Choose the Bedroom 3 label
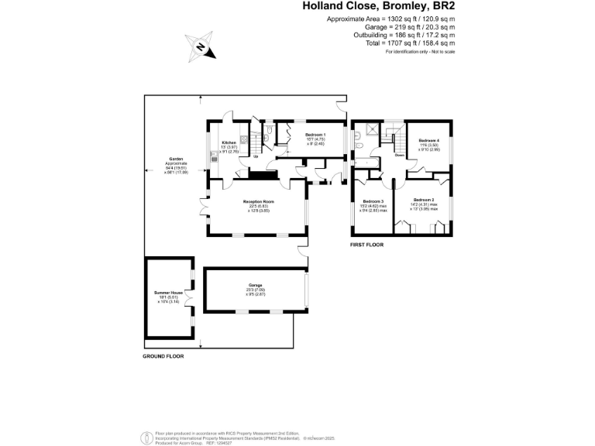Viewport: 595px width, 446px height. (373, 203)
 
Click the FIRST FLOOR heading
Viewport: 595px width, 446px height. (367, 245)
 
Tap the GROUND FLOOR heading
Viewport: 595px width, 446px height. (163, 356)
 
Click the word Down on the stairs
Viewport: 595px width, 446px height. (399, 155)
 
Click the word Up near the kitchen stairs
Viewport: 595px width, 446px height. (256, 157)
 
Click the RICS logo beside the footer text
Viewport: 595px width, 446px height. (144, 437)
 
